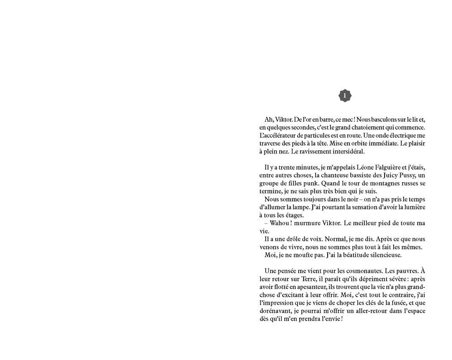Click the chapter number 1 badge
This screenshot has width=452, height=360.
[345, 95]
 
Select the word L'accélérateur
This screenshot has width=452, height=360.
[278, 136]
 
